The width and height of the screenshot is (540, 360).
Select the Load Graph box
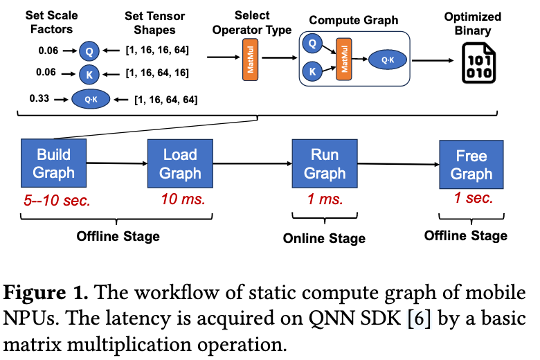[180, 163]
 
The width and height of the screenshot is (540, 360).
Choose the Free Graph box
[471, 165]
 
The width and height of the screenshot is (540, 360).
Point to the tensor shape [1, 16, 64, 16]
[157, 72]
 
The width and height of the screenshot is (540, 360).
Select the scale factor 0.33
[39, 98]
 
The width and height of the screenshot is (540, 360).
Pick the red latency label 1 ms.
[325, 200]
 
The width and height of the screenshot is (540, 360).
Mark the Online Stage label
[324, 239]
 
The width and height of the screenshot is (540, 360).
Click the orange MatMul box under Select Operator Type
[249, 57]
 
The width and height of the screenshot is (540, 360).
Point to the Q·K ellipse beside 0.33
[91, 100]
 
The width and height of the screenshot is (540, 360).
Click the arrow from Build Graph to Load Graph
[116, 164]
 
